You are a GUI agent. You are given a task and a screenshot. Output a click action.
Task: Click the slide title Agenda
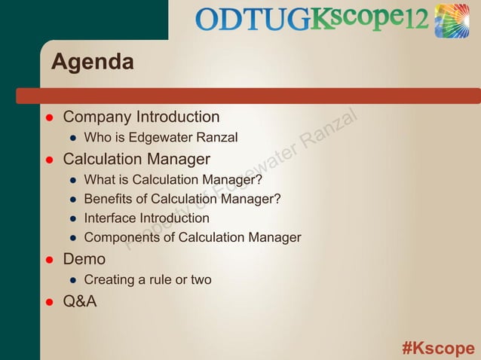tap(92, 62)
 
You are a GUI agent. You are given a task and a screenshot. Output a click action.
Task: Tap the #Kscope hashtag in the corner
tap(438, 348)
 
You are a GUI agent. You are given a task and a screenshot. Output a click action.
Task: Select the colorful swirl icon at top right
tap(452, 20)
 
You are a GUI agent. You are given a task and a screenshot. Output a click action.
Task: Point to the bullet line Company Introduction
tap(141, 117)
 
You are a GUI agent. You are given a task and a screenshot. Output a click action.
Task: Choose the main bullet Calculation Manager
tap(136, 160)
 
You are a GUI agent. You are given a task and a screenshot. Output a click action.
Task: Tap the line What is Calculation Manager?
tap(173, 180)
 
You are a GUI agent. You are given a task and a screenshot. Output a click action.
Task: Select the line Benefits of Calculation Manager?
tap(182, 199)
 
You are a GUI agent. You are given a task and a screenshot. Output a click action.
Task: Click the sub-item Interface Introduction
tap(146, 218)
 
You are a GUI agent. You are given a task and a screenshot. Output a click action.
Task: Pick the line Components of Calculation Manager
tap(192, 238)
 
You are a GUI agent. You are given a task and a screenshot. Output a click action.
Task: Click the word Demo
tap(84, 260)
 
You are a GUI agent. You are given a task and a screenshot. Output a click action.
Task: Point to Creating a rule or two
tap(147, 280)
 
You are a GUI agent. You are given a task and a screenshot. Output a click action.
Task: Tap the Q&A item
tap(80, 301)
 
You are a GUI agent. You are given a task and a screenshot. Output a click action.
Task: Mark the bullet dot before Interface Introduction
tap(73, 219)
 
